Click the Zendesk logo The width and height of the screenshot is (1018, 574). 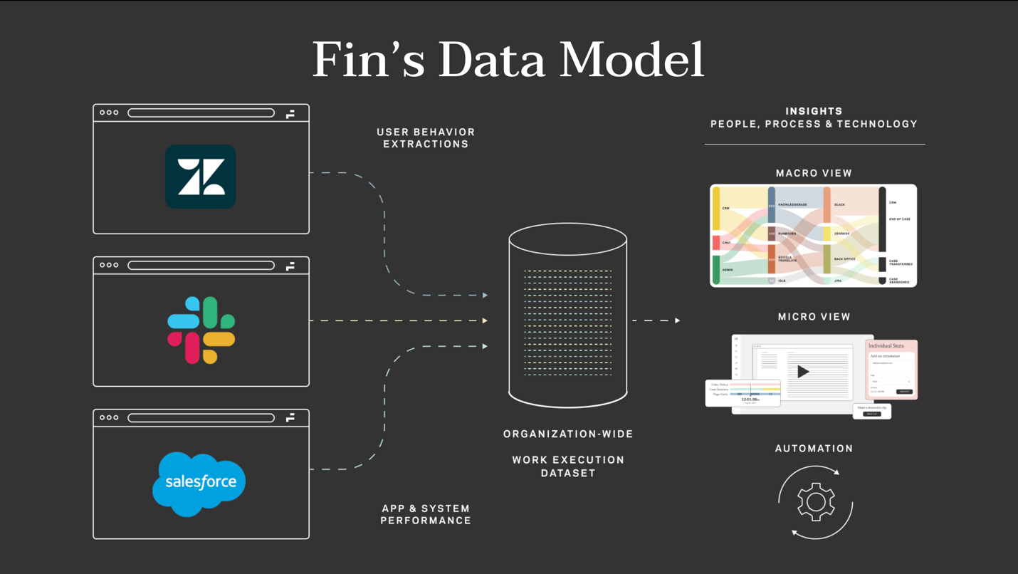click(x=200, y=177)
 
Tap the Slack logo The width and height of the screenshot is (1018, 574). click(x=201, y=330)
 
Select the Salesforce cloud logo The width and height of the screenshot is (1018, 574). click(x=199, y=483)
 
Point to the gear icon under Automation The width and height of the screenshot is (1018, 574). click(x=816, y=501)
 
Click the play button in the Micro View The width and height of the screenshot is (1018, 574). click(x=803, y=371)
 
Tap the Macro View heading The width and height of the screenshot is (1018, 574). click(x=814, y=173)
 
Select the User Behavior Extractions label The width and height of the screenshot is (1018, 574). click(x=426, y=137)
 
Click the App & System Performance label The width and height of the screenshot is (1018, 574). click(x=426, y=514)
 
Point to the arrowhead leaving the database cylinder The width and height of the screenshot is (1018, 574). click(x=677, y=320)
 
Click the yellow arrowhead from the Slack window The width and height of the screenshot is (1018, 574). click(x=485, y=320)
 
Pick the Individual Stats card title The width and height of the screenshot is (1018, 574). click(x=886, y=346)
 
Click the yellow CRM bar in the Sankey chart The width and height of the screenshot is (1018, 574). click(x=716, y=209)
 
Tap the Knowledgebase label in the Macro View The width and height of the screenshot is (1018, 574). click(x=792, y=205)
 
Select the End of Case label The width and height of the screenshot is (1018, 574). click(x=900, y=219)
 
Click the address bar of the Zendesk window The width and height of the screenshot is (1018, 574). click(x=201, y=113)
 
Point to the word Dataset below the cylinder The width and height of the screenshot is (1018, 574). click(x=567, y=473)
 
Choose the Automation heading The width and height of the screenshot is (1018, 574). click(x=814, y=449)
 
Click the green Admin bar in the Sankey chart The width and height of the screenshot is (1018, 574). click(x=716, y=269)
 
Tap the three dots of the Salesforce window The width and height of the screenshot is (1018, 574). click(x=109, y=417)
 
